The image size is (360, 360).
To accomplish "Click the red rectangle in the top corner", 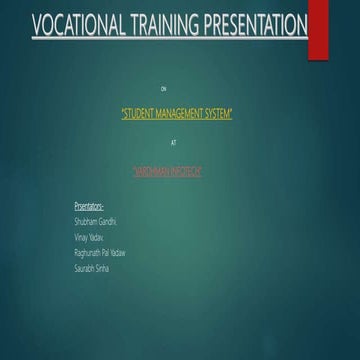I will click(x=318, y=28).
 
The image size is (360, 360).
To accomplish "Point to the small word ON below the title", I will click(x=177, y=90).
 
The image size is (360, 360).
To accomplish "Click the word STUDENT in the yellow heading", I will click(x=141, y=115).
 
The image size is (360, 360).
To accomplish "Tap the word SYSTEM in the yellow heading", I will click(x=220, y=115).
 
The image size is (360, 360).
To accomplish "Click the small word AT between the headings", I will click(x=173, y=143).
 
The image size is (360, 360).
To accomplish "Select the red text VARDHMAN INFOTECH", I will click(x=168, y=172).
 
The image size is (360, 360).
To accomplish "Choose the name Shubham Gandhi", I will click(x=95, y=219).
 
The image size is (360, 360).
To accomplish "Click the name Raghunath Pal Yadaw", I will click(x=100, y=253).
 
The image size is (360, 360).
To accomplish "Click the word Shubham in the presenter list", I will click(x=84, y=219).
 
